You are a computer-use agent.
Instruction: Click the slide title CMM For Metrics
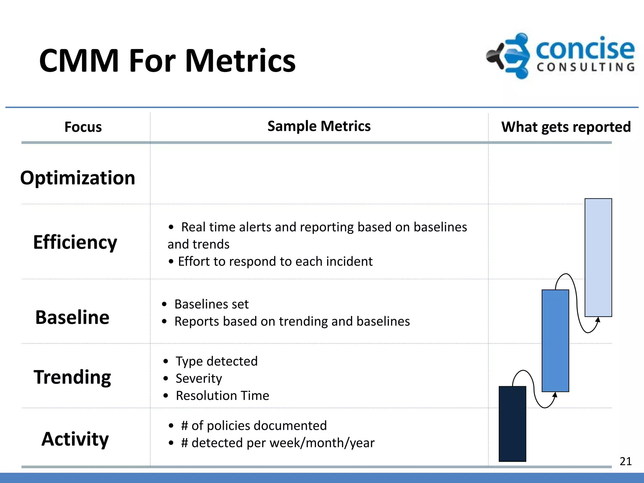[167, 60]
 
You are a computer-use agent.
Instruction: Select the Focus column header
[83, 127]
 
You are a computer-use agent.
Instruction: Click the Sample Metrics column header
[319, 126]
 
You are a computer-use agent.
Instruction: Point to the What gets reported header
[566, 127]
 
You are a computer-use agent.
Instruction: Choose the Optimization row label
[78, 178]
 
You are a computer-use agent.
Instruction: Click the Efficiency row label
[75, 242]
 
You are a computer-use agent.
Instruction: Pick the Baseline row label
[72, 317]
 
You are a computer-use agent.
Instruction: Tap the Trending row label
[72, 377]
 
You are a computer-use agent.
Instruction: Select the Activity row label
[75, 439]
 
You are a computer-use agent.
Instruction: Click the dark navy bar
[512, 424]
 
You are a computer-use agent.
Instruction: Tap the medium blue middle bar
[555, 341]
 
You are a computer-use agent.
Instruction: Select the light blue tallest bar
[598, 257]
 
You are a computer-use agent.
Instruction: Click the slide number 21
[625, 461]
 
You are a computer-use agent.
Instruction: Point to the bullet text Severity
[199, 378]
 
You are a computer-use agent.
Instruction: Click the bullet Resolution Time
[222, 396]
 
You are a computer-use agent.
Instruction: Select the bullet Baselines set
[211, 304]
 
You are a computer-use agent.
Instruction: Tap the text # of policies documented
[254, 426]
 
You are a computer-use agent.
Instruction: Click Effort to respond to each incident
[275, 262]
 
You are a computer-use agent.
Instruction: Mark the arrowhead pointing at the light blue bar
[598, 320]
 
